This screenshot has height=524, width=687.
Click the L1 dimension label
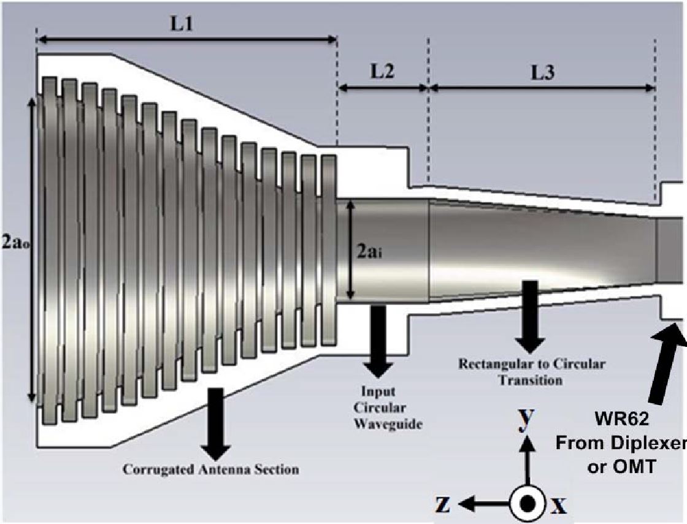[x=182, y=24]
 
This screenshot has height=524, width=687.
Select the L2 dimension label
[x=382, y=71]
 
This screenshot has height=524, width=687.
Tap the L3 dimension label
[x=542, y=73]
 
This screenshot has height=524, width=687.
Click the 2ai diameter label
[x=369, y=252]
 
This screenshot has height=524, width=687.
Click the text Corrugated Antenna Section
[x=211, y=469]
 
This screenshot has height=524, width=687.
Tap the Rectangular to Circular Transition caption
[x=532, y=371]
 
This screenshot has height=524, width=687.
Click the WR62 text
[x=622, y=419]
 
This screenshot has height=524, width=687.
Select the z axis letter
[x=443, y=505]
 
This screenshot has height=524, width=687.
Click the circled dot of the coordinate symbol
[x=527, y=503]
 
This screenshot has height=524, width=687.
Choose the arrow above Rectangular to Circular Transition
[x=530, y=316]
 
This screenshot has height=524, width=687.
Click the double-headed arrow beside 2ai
[x=350, y=249]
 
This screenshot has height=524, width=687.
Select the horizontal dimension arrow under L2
[x=383, y=88]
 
